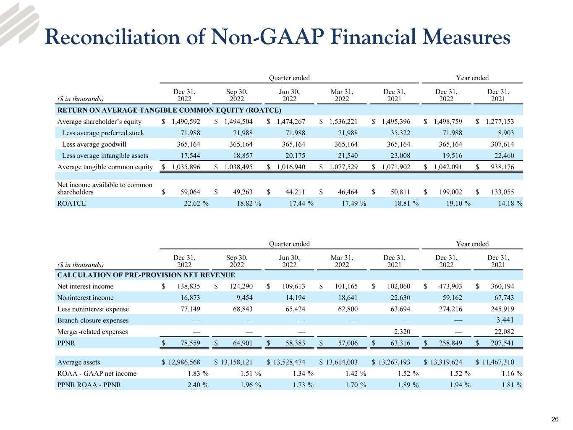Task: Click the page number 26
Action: [555, 419]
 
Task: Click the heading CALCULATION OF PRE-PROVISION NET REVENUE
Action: [146, 275]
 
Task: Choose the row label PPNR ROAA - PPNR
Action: [89, 385]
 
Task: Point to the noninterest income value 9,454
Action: [244, 298]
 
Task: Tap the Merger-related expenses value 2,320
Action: [401, 332]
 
